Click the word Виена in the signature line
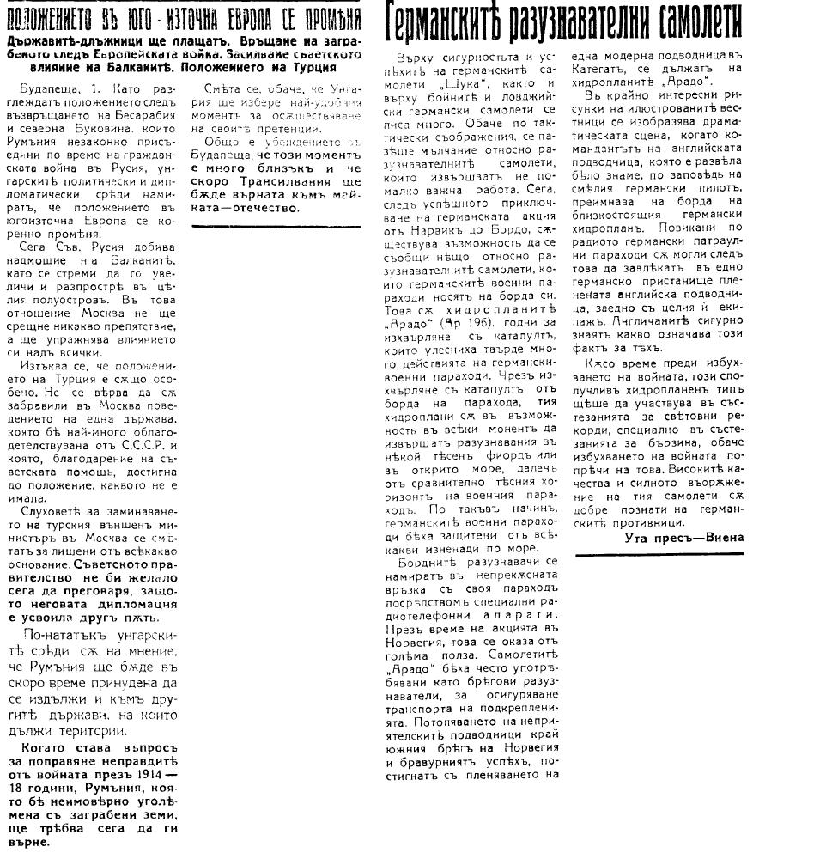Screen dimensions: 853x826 tap(723, 537)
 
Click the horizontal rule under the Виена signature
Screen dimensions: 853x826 tap(659, 555)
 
